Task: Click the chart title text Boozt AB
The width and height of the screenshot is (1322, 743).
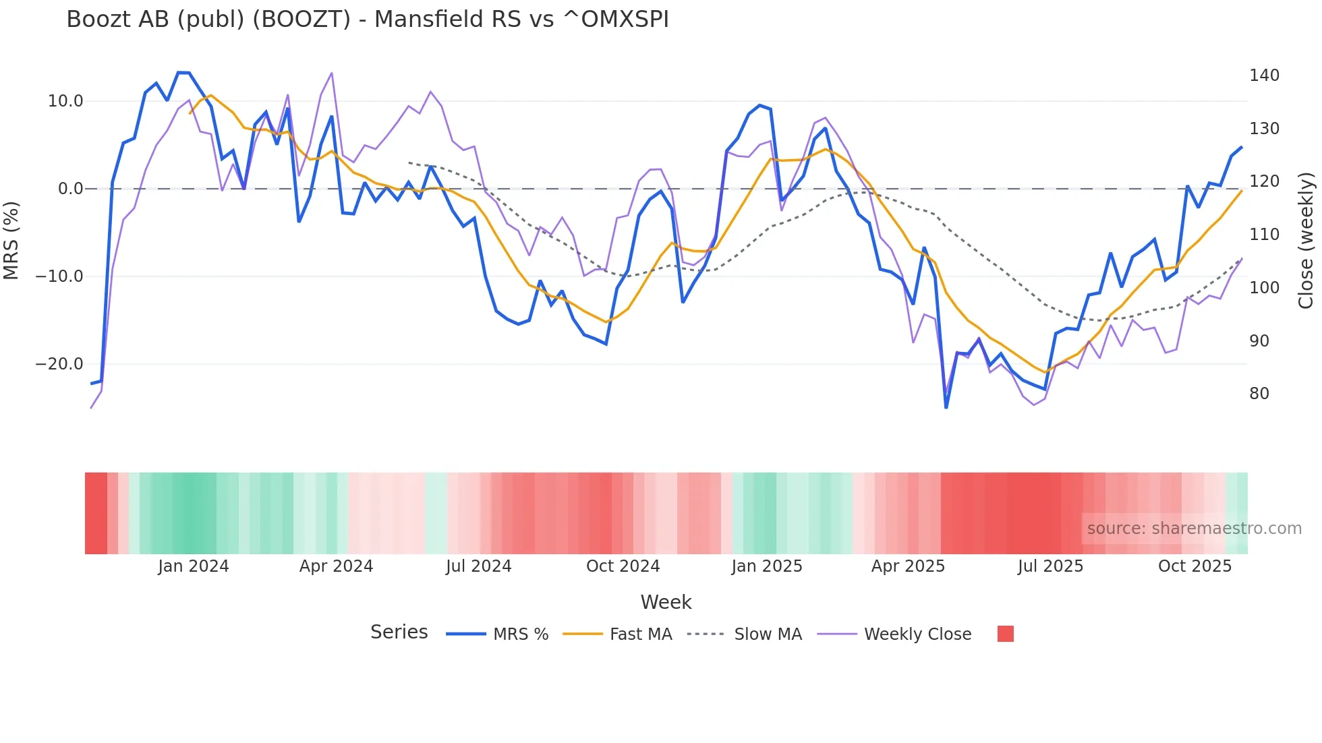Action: click(x=367, y=20)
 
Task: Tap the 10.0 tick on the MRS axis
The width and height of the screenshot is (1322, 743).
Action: click(x=65, y=101)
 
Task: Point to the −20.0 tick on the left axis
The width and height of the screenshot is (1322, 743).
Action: click(x=59, y=364)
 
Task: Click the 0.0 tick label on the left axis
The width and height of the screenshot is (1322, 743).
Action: click(x=70, y=189)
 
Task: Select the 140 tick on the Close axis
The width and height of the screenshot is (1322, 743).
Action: click(x=1264, y=76)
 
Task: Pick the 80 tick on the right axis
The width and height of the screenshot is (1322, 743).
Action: click(x=1259, y=394)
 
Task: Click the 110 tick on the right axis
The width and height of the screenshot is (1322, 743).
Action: click(x=1264, y=235)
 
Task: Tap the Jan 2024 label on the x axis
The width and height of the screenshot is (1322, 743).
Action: click(x=194, y=566)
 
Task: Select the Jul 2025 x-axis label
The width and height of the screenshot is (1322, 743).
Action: click(x=1050, y=566)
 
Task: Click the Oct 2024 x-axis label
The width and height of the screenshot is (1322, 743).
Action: click(x=623, y=566)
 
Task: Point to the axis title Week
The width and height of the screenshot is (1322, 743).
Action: click(x=666, y=602)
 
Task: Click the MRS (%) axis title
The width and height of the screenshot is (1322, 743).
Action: click(x=11, y=240)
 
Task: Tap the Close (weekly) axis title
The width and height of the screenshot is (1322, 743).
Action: click(x=1306, y=240)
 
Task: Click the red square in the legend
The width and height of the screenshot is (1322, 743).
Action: click(x=1005, y=634)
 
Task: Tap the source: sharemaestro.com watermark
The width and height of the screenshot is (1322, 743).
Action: click(x=1194, y=529)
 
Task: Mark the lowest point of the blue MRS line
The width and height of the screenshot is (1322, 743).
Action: click(x=946, y=407)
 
